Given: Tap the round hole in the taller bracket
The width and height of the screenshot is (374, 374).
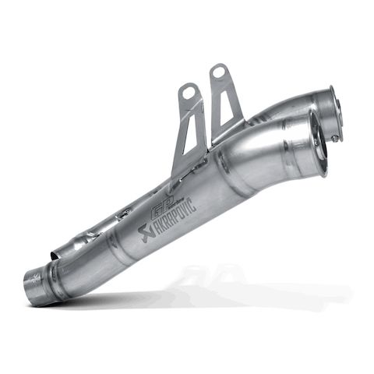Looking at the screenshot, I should point(218,72).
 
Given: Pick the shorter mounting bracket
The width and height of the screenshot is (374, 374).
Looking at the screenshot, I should point(187,129).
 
